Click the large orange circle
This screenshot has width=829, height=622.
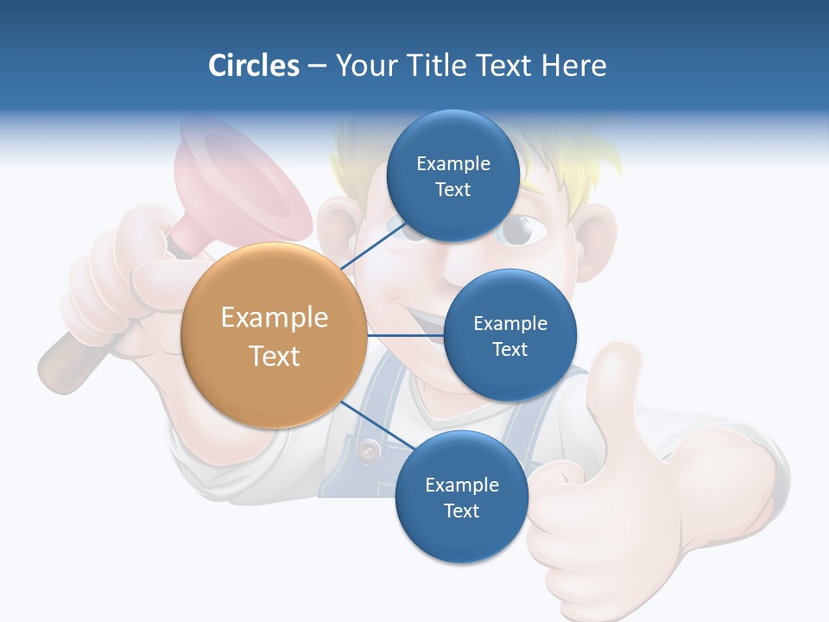pyautogui.click(x=274, y=335)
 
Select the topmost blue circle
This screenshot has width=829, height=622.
pyautogui.click(x=452, y=176)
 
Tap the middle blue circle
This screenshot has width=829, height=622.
pyautogui.click(x=509, y=335)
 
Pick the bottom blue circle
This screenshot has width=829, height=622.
pyautogui.click(x=461, y=498)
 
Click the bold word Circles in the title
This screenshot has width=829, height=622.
pyautogui.click(x=253, y=66)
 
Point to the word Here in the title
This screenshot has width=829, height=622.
pyautogui.click(x=573, y=66)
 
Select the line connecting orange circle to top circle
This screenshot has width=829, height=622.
pyautogui.click(x=373, y=245)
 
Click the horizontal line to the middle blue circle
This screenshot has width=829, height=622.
pyautogui.click(x=405, y=335)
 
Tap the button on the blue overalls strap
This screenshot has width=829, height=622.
pyautogui.click(x=370, y=449)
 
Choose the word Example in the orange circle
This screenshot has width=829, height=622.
pyautogui.click(x=274, y=317)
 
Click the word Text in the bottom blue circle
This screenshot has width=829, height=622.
pyautogui.click(x=461, y=511)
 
